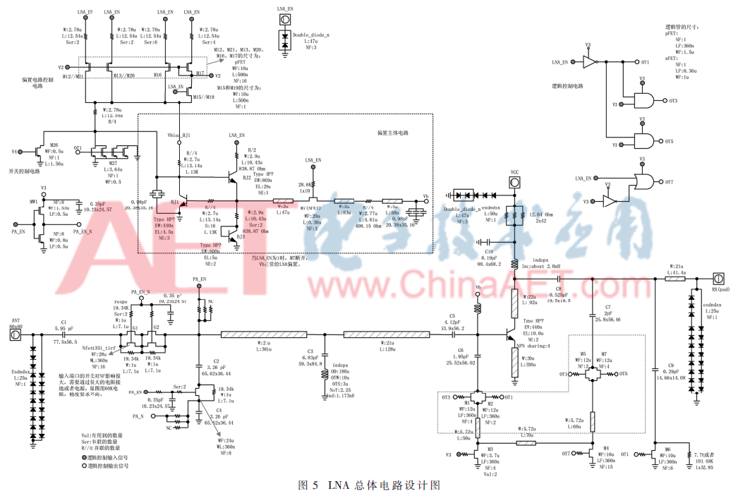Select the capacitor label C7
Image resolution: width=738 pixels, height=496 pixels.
607,308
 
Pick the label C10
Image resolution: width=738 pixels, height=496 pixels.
488,250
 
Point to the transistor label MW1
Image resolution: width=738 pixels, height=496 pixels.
32,202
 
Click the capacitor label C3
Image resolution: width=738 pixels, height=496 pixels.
309,350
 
